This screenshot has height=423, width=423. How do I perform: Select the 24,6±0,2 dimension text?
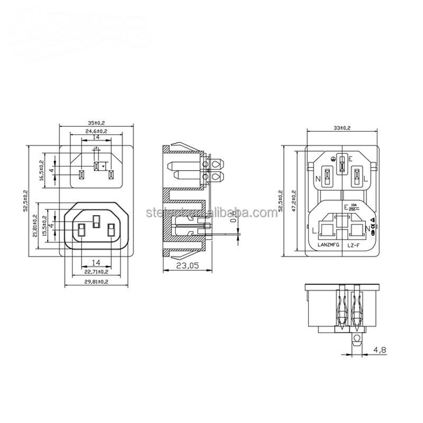click(95, 130)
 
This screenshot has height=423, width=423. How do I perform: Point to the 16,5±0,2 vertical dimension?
click(42, 170)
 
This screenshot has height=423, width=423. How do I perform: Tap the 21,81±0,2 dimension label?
click(35, 226)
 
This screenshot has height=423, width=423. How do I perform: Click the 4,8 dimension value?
click(380, 349)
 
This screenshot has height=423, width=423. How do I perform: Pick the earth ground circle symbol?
click(333, 159)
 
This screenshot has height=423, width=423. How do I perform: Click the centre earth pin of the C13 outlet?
click(96, 222)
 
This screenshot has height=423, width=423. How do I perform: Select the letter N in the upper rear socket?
click(318, 178)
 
